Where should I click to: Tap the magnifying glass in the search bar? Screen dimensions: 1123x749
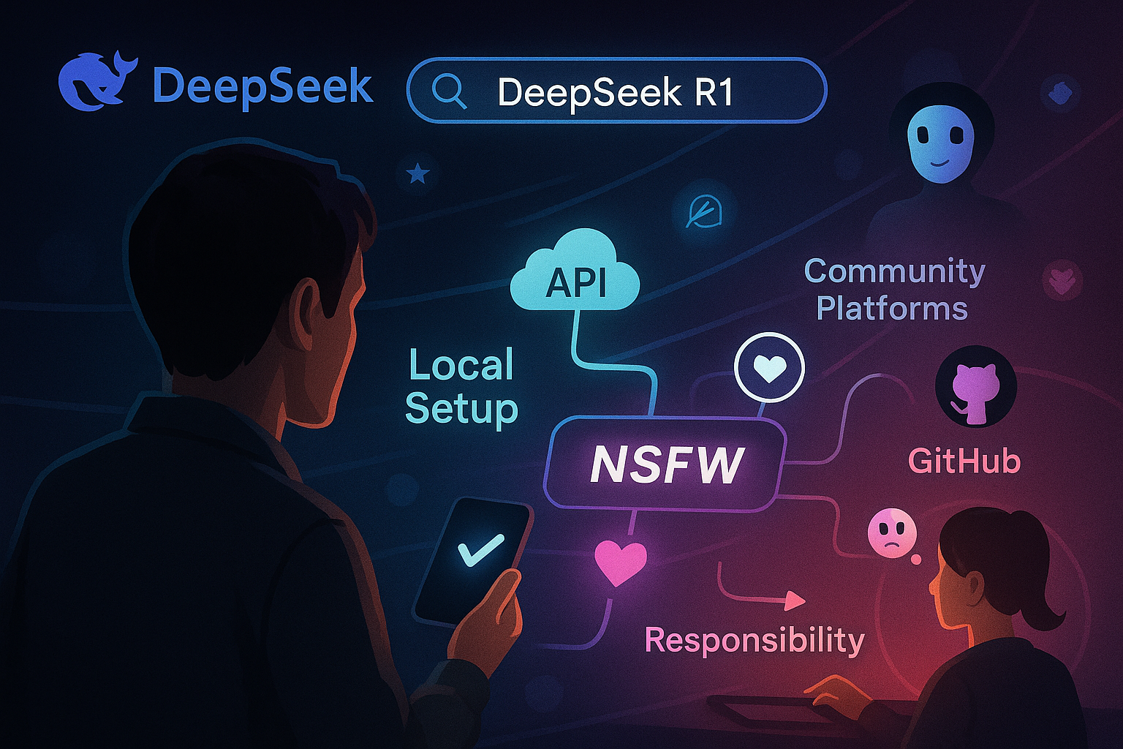[x=448, y=91]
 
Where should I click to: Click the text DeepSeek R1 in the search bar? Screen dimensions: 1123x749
[x=615, y=92]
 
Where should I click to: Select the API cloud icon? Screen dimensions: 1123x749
[x=575, y=274]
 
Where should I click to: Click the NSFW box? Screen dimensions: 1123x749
[x=665, y=464]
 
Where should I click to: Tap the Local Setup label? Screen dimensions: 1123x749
[x=461, y=385]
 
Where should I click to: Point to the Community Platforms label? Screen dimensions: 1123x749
[x=894, y=290]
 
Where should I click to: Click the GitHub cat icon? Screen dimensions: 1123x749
[x=975, y=388]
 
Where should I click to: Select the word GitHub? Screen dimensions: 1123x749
[x=964, y=462]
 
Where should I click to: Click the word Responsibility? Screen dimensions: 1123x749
[x=755, y=640]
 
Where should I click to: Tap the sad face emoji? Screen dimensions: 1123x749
[x=891, y=533]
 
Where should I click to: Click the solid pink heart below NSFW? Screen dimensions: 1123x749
[x=620, y=561]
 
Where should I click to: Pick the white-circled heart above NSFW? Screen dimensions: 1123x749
[x=769, y=369]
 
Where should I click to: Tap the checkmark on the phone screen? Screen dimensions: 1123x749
[x=480, y=550]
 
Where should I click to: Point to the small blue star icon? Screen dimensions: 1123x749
[x=417, y=174]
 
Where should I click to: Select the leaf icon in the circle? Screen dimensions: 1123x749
[x=703, y=212]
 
